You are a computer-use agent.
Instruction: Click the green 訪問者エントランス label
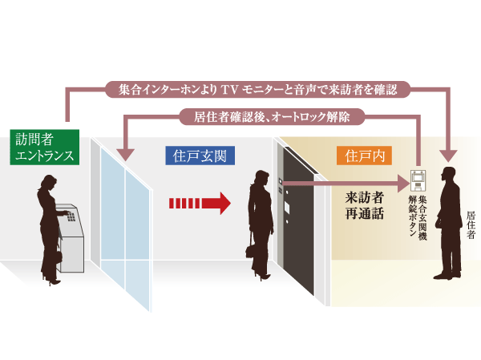46,146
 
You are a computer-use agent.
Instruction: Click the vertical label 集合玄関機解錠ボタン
417,215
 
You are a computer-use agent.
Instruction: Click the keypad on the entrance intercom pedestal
70,215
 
